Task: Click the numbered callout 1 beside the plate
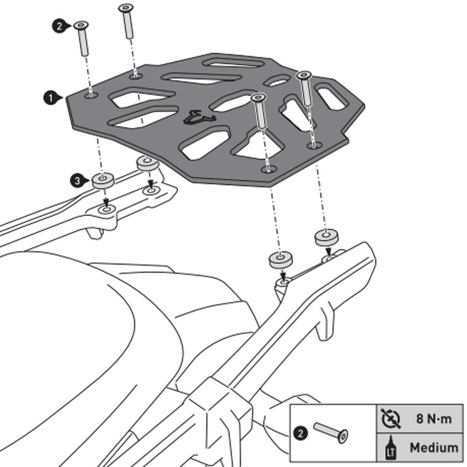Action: (x=51, y=97)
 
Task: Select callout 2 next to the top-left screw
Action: (x=59, y=26)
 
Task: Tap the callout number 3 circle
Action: (x=78, y=181)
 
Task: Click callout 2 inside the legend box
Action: (x=300, y=434)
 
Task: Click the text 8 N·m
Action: (x=433, y=419)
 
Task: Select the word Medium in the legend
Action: (x=433, y=448)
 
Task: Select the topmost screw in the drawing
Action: (x=126, y=8)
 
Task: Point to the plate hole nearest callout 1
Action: (x=90, y=94)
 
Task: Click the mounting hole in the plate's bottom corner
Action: (x=269, y=169)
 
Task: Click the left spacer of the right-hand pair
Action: (x=280, y=259)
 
